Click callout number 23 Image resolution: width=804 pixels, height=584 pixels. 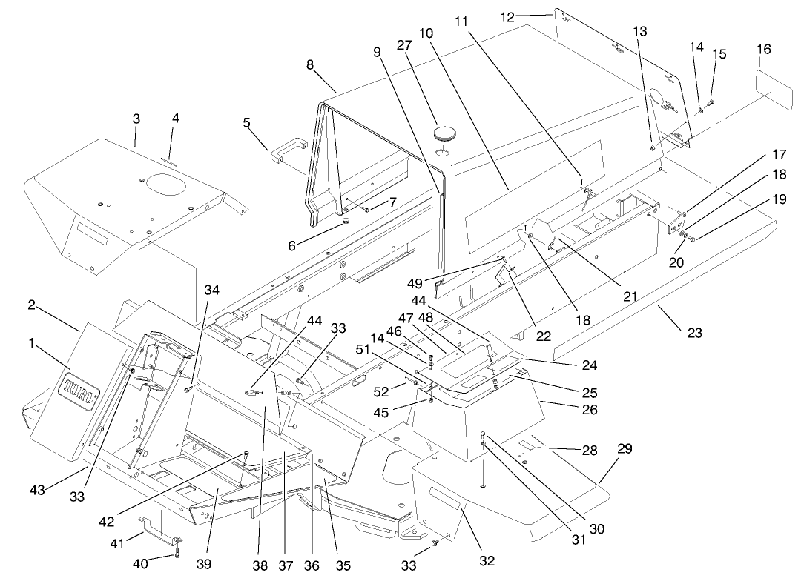click(694, 334)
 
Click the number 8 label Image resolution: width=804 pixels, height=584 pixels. click(310, 64)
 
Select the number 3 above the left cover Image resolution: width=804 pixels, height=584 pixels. click(136, 119)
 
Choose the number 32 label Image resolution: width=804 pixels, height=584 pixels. click(487, 560)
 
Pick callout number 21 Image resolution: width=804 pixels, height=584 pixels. click(630, 296)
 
